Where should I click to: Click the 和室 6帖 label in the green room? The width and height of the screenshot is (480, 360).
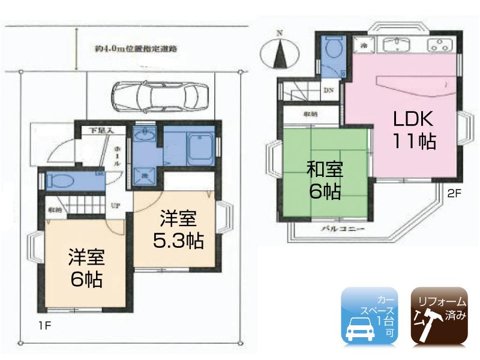[x=325, y=179]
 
